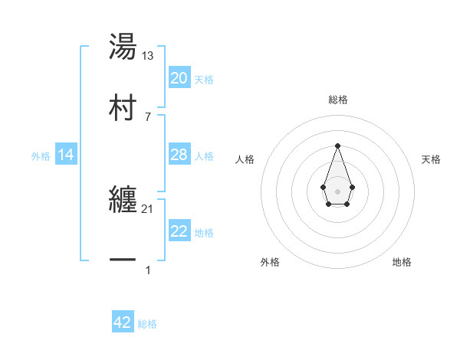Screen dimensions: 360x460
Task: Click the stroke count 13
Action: point(148,56)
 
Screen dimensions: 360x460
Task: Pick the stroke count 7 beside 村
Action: point(148,116)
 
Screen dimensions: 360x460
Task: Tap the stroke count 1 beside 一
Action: point(148,270)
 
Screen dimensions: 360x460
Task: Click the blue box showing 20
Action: point(179,78)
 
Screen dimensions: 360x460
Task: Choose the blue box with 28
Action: point(179,155)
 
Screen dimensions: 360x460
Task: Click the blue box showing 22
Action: point(179,231)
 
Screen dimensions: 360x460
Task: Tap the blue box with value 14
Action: point(66,155)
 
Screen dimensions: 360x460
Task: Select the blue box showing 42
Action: point(123,322)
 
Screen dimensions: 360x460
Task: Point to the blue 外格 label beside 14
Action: point(41,156)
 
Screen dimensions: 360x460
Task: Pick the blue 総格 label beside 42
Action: point(147,324)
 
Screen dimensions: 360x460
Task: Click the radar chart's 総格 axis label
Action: point(337,100)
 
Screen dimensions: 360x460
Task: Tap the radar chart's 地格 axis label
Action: point(402,263)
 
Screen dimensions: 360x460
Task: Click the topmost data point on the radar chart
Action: point(337,145)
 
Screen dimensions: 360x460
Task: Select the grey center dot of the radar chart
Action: point(337,191)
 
